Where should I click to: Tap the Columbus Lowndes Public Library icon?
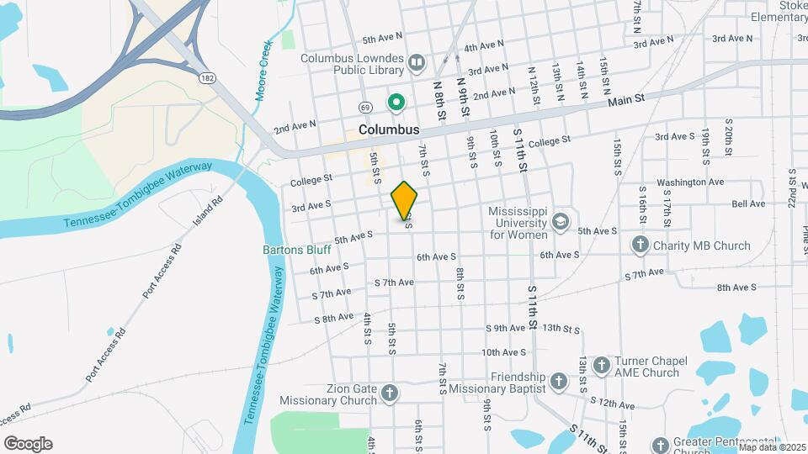416,62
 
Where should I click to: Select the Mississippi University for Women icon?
560,222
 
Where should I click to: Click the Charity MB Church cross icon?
640,245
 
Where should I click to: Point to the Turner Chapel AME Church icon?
601,366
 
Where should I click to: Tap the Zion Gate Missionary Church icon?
389,393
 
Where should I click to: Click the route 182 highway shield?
207,78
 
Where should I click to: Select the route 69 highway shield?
364,108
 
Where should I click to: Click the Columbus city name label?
388,130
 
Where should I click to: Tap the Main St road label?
626,99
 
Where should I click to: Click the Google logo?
28,444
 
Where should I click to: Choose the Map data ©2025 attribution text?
771,447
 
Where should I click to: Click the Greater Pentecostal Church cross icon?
661,444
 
